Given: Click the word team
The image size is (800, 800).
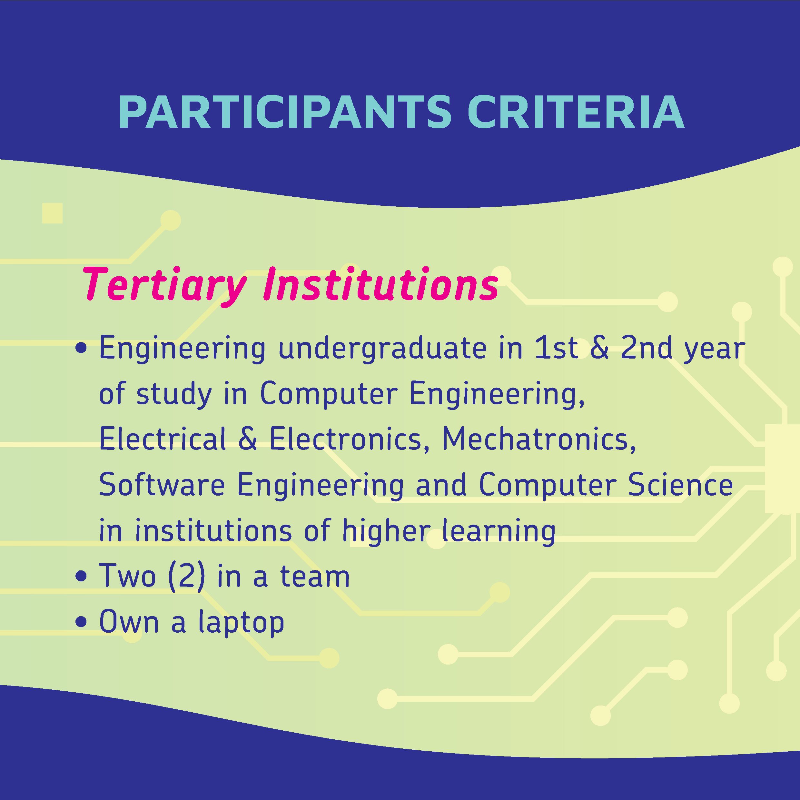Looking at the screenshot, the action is [x=315, y=577].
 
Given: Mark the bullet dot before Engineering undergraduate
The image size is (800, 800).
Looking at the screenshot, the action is [x=82, y=349].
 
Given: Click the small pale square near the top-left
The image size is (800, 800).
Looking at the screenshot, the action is [x=52, y=213].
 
